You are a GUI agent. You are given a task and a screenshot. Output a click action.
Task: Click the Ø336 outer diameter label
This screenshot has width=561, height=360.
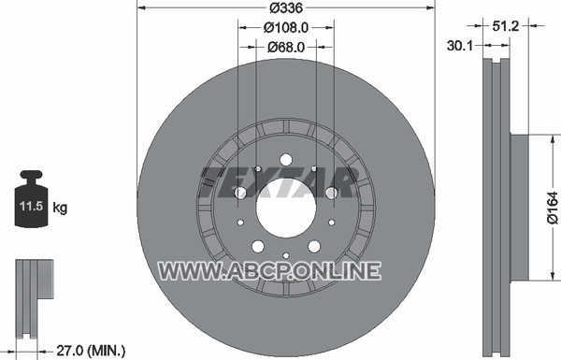tap(286, 7)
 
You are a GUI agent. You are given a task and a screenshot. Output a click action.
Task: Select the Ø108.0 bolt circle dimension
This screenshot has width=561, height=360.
tap(286, 27)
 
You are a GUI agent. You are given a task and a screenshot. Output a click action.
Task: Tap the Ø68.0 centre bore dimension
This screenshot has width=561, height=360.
tap(286, 47)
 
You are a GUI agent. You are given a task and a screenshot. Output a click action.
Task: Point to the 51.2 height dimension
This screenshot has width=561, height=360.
tap(505, 26)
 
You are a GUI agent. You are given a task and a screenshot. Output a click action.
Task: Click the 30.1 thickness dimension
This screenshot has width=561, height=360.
tap(460, 46)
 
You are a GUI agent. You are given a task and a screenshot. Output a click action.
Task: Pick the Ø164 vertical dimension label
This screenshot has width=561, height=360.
tap(553, 208)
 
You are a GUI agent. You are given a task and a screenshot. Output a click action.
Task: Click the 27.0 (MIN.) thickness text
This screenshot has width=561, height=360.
tap(91, 350)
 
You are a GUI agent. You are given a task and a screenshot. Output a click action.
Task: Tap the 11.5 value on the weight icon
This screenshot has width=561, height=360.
tap(31, 206)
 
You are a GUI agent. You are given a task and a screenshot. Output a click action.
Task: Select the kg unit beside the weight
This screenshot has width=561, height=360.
tap(60, 208)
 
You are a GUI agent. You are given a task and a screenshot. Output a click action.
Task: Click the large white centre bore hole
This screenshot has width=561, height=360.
tap(286, 208)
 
